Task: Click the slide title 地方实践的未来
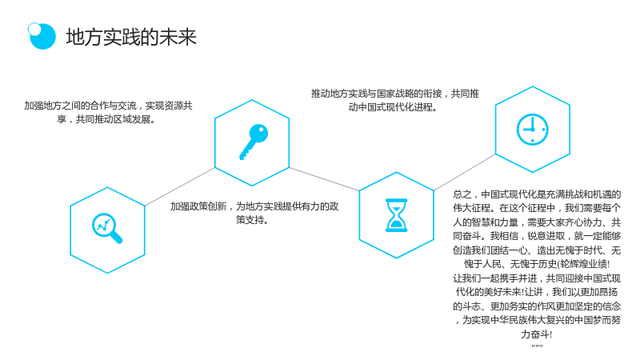tap(131, 37)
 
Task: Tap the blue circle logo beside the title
tap(42, 36)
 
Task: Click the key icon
tap(254, 142)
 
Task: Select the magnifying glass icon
tap(107, 228)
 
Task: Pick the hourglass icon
tap(396, 215)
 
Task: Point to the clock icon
tap(533, 130)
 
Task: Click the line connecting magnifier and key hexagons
tap(179, 186)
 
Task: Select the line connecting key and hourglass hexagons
tap(324, 178)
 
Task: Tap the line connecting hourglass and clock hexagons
tap(465, 172)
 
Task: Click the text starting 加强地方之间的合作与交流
tap(108, 112)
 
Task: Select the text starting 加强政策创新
tap(254, 213)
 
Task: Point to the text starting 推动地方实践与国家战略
tap(395, 100)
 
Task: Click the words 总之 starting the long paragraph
tap(462, 194)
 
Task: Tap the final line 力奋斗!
tap(536, 334)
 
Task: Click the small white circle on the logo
tap(34, 29)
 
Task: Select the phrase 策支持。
tap(252, 219)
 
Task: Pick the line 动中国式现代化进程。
tap(393, 107)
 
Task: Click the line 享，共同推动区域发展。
tap(106, 119)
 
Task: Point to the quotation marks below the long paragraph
tap(537, 346)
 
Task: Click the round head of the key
tap(258, 133)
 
